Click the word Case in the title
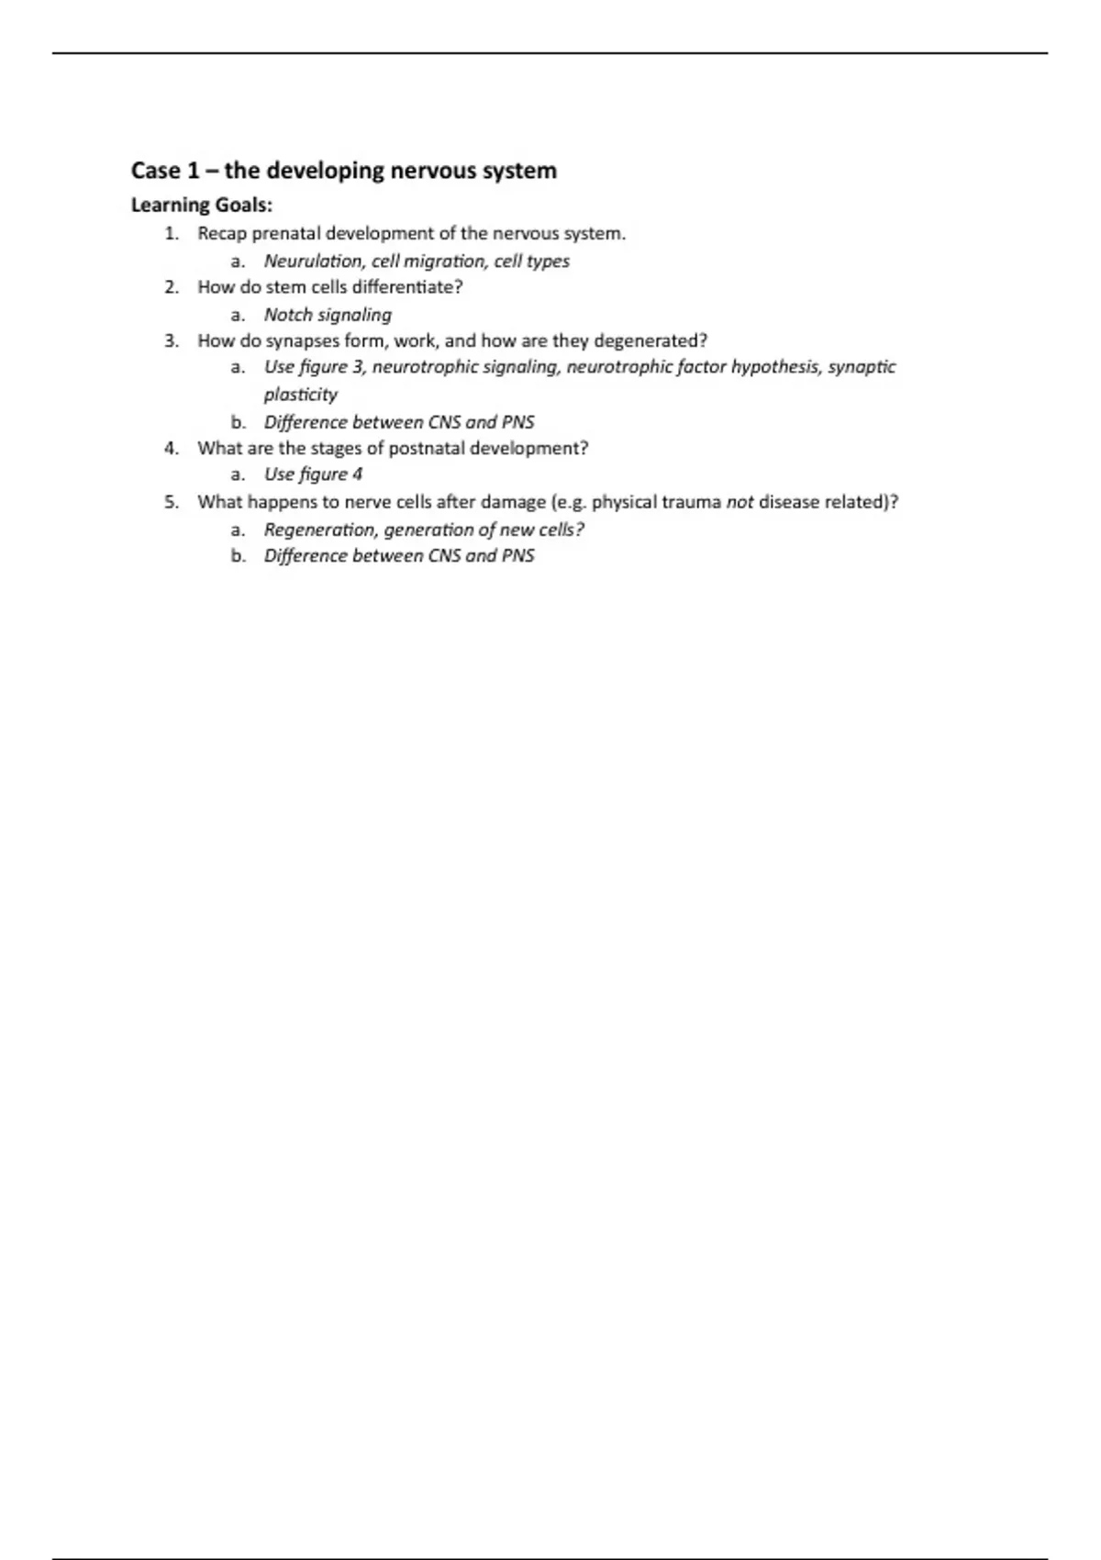155,171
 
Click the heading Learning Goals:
202,205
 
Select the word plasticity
301,395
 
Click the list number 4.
171,448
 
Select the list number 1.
171,233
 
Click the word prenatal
286,233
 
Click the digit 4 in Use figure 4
357,474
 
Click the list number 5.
171,502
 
